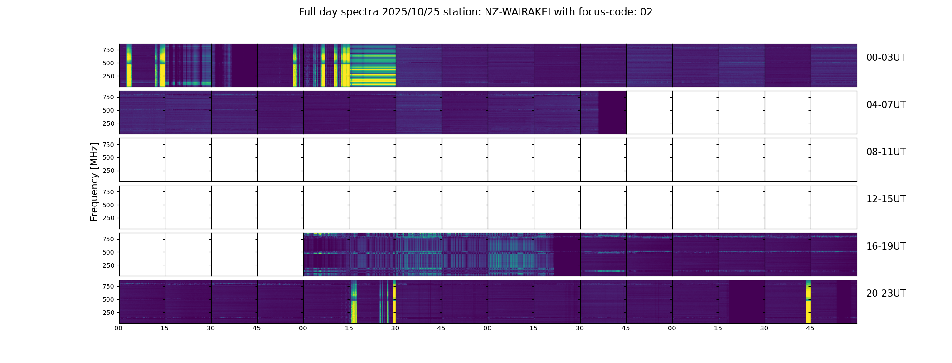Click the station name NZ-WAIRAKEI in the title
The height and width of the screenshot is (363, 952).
(517, 12)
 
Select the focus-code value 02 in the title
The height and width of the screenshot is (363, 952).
(646, 12)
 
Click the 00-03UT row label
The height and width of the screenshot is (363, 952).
(886, 58)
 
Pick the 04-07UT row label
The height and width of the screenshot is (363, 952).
(886, 105)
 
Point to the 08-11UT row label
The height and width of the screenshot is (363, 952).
(886, 152)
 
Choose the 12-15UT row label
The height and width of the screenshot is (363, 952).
(886, 199)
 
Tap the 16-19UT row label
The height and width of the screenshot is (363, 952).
(886, 246)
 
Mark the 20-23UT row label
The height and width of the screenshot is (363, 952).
(886, 294)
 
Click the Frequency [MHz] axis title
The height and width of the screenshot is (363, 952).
(94, 181)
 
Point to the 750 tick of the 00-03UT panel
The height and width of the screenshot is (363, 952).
(108, 50)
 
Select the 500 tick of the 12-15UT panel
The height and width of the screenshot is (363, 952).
(108, 205)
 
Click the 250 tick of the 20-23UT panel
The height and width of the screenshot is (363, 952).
(108, 313)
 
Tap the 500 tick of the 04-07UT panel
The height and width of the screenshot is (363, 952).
(108, 110)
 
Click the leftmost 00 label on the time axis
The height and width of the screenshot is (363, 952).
(119, 328)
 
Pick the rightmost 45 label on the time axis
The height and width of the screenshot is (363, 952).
(810, 328)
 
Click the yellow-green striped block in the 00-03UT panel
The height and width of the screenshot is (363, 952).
(373, 65)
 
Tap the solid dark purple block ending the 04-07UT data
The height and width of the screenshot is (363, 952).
(612, 113)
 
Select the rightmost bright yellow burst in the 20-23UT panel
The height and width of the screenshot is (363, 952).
(808, 302)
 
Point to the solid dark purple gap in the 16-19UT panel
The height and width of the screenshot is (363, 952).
(567, 255)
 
